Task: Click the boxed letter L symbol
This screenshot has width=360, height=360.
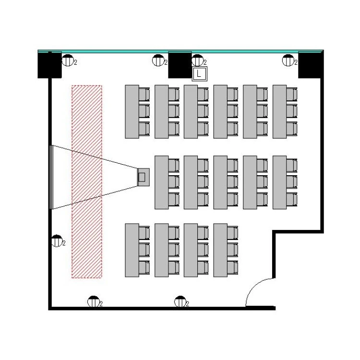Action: click(x=199, y=74)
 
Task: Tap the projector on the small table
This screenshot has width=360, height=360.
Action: click(x=142, y=177)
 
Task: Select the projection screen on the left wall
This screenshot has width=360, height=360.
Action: click(x=51, y=177)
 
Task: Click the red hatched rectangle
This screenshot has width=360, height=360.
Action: click(x=87, y=181)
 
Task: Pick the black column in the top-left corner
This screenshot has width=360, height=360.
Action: click(x=49, y=64)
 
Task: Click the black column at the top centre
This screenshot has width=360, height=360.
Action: click(x=180, y=64)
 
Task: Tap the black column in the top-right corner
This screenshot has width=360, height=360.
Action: click(x=310, y=64)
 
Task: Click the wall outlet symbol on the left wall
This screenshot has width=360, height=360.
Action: click(x=57, y=241)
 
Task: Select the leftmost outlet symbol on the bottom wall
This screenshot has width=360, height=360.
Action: click(x=93, y=302)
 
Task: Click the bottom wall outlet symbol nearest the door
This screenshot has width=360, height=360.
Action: click(x=180, y=302)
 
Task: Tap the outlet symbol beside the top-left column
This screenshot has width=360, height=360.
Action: click(x=68, y=61)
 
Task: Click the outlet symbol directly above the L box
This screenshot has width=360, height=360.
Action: click(x=197, y=61)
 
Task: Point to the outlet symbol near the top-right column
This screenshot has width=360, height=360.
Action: click(x=288, y=61)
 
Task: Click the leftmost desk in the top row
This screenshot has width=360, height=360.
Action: click(x=132, y=111)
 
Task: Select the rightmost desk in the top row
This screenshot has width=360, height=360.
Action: click(x=279, y=111)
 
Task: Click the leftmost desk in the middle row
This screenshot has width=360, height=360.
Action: click(x=161, y=182)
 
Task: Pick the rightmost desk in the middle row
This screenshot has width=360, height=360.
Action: click(x=279, y=182)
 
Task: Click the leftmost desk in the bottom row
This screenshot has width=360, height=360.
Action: click(x=132, y=250)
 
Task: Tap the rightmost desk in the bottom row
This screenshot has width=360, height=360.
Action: click(x=220, y=250)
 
